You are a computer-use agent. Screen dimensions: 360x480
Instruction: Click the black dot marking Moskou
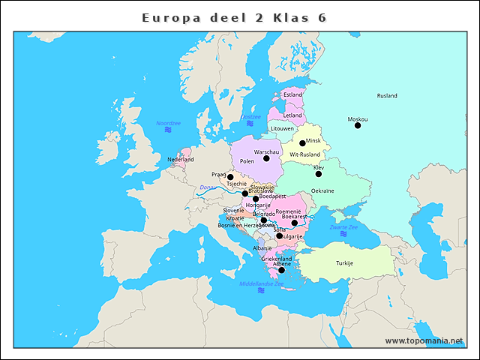(358, 125)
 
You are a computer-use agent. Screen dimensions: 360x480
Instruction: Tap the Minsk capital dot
(303, 142)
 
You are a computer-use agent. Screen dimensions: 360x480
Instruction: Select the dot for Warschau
(266, 158)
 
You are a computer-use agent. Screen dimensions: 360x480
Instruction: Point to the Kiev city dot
(319, 174)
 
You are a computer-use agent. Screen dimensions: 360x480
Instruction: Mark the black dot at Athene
(282, 270)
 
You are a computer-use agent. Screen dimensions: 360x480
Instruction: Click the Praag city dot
(230, 177)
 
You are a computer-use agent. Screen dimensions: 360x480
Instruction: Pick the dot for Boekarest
(295, 223)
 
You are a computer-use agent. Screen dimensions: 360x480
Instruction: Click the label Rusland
(387, 96)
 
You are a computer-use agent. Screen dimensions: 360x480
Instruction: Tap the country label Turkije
(344, 263)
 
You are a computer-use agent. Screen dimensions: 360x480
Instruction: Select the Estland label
(292, 95)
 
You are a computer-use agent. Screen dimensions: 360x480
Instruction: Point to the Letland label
(292, 115)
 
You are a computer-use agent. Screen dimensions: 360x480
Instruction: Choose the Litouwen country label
(282, 129)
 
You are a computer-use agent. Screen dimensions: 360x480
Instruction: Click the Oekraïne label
(322, 191)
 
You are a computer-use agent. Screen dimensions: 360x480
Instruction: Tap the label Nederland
(181, 160)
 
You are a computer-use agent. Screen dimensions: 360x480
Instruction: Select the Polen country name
(247, 162)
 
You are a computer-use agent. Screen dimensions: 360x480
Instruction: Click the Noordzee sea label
(169, 122)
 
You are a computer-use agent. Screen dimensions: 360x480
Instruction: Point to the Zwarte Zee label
(344, 226)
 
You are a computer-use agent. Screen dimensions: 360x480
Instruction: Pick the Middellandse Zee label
(261, 283)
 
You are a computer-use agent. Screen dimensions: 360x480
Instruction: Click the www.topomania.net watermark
(424, 340)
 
